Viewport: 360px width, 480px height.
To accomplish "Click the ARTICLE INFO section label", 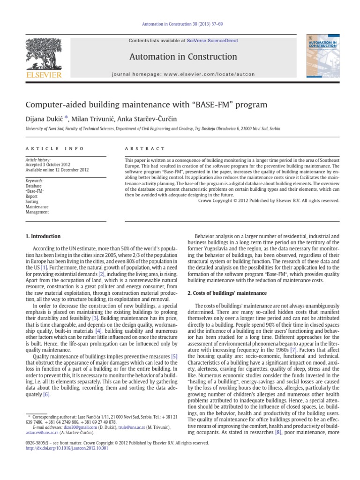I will pos(55,149).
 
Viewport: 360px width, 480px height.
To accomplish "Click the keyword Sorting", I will pos(33,202).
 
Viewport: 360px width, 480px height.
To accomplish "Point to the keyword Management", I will pos(37,212).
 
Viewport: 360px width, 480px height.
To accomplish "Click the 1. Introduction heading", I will pos(43,236).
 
